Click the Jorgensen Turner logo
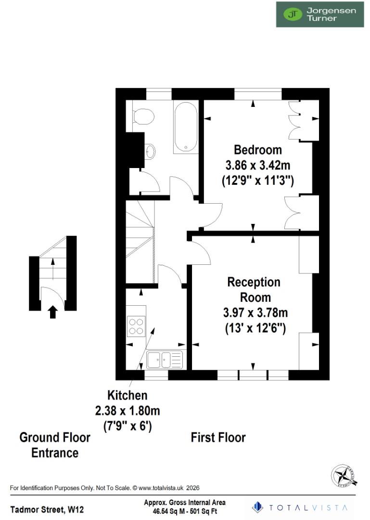pos(319,14)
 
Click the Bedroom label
pos(257,149)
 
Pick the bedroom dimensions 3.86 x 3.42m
pos(257,165)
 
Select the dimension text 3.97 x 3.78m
pos(255,313)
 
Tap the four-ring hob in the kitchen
pos(136,326)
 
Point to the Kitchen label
pos(128,396)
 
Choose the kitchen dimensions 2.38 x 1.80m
pos(128,411)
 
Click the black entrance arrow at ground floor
pos(53,312)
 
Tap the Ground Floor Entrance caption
pos(55,445)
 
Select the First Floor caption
pos(218,438)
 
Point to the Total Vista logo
pos(301,507)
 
